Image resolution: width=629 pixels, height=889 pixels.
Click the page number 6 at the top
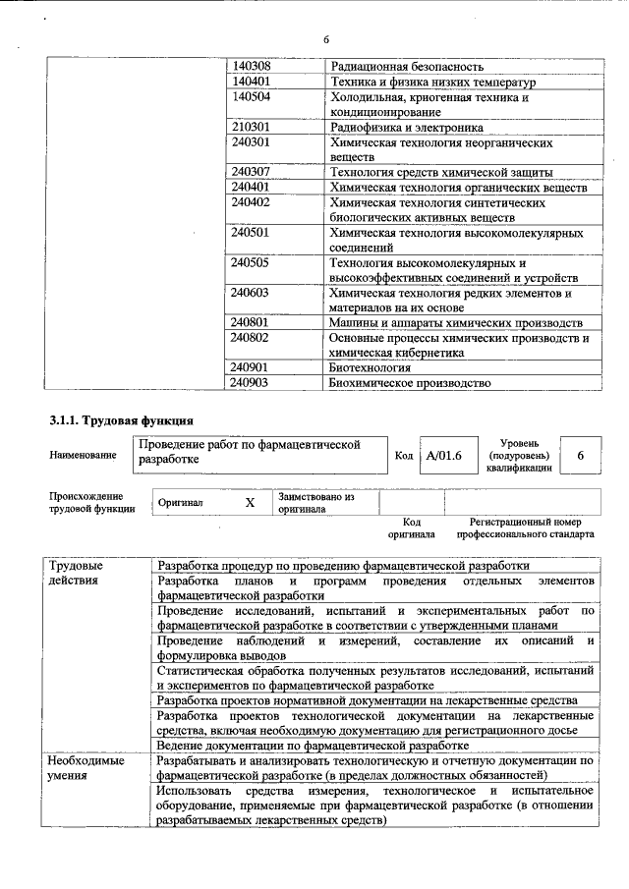pos(325,39)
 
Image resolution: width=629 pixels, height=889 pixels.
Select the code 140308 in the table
pos(251,66)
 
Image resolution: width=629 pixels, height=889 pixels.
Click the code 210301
pos(251,128)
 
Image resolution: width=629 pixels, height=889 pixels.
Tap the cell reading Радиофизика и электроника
pos(406,128)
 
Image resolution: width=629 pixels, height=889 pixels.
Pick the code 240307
pos(251,173)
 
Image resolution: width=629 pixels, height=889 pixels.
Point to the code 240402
pos(251,202)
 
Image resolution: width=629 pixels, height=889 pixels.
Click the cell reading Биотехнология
pos(370,367)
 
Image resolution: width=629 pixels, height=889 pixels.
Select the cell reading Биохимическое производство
pos(408,383)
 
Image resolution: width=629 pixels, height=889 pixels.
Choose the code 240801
pos(251,322)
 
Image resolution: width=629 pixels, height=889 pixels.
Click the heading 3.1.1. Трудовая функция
pos(114,421)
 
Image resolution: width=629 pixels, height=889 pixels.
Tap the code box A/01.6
pos(438,456)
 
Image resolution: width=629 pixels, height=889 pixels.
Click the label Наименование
pos(81,455)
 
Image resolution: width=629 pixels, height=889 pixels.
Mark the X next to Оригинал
pos(250,502)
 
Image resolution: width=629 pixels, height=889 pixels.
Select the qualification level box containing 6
pos(581,456)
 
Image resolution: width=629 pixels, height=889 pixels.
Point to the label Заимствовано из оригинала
pos(315,503)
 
